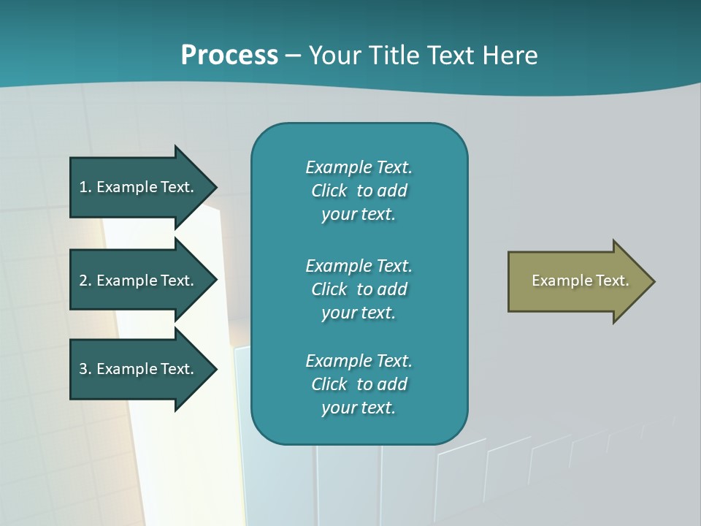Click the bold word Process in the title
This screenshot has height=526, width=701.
pos(229,56)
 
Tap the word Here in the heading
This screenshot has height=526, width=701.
pos(510,56)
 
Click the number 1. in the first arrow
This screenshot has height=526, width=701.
pos(85,187)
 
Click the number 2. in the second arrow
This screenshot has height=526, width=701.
pos(85,281)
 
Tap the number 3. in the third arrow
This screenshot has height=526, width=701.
pos(85,369)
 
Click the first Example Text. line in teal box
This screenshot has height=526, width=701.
pos(359,167)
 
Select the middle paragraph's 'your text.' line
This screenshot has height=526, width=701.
pos(359,313)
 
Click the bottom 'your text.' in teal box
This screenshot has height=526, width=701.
pos(359,408)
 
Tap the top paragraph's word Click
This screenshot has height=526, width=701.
pos(329,191)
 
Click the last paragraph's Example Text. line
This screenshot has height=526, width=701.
pos(359,361)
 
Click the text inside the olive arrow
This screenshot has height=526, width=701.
pos(581,281)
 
